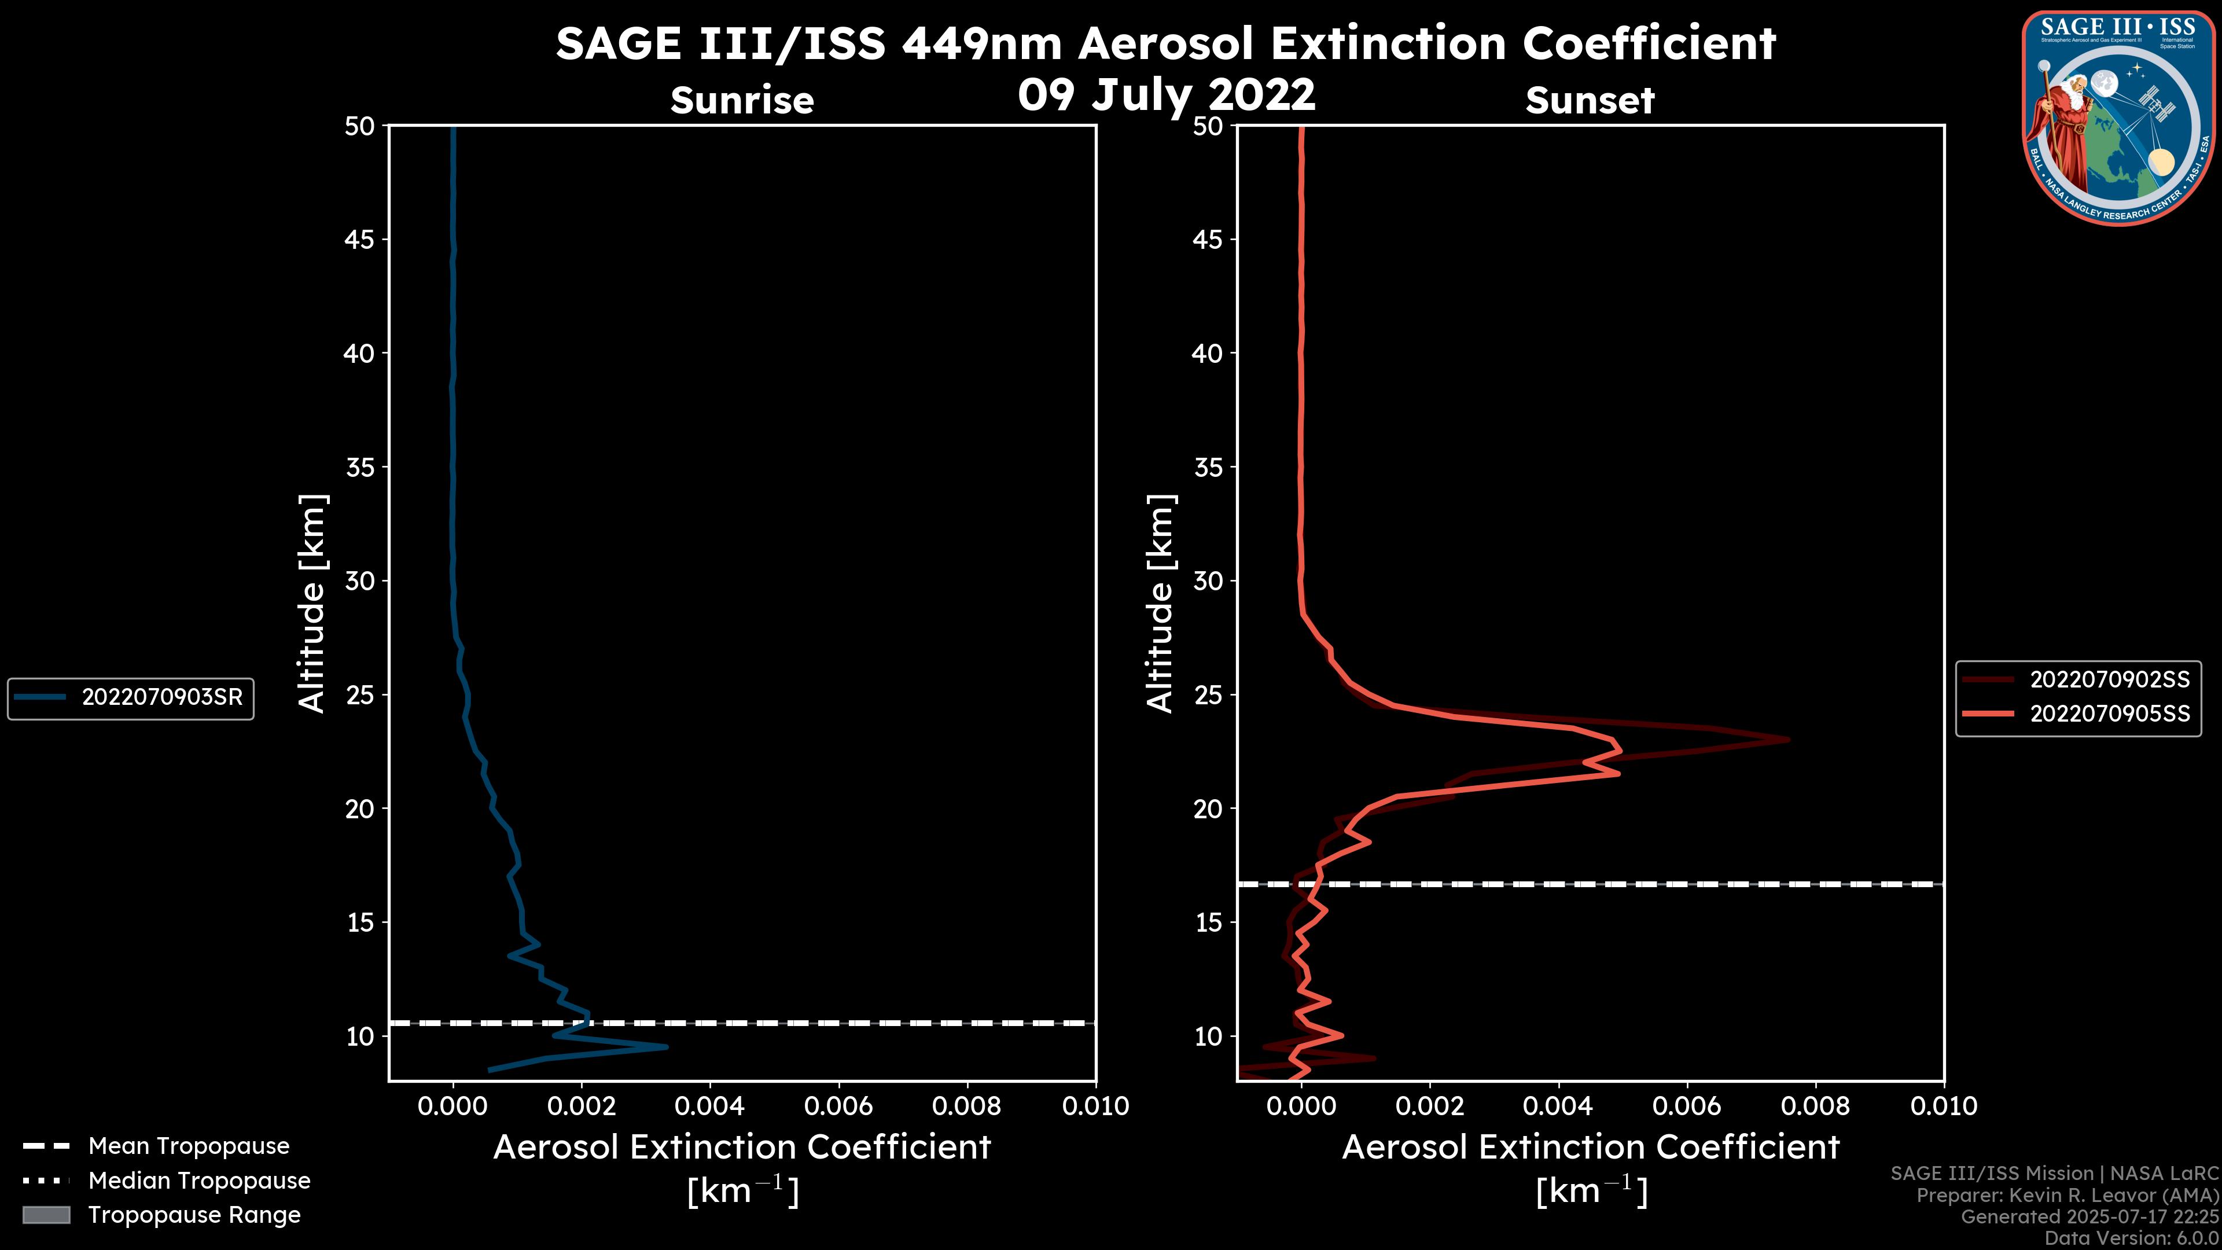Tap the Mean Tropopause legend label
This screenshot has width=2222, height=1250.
[188, 1146]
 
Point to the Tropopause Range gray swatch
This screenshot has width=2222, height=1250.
[46, 1215]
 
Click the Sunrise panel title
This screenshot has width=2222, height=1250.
[742, 100]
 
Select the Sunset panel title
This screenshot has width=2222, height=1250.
[1590, 100]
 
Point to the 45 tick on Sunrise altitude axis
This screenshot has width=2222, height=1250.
[360, 239]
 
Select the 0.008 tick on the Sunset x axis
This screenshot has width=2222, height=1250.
[1816, 1106]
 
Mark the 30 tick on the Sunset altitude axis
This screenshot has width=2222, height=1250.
[1208, 580]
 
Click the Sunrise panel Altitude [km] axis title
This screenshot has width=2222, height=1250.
[311, 604]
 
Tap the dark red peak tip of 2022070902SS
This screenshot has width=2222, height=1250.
[1788, 740]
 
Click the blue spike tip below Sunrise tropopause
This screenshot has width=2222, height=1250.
[666, 1047]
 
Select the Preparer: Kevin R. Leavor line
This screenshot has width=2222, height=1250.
[2067, 1196]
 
